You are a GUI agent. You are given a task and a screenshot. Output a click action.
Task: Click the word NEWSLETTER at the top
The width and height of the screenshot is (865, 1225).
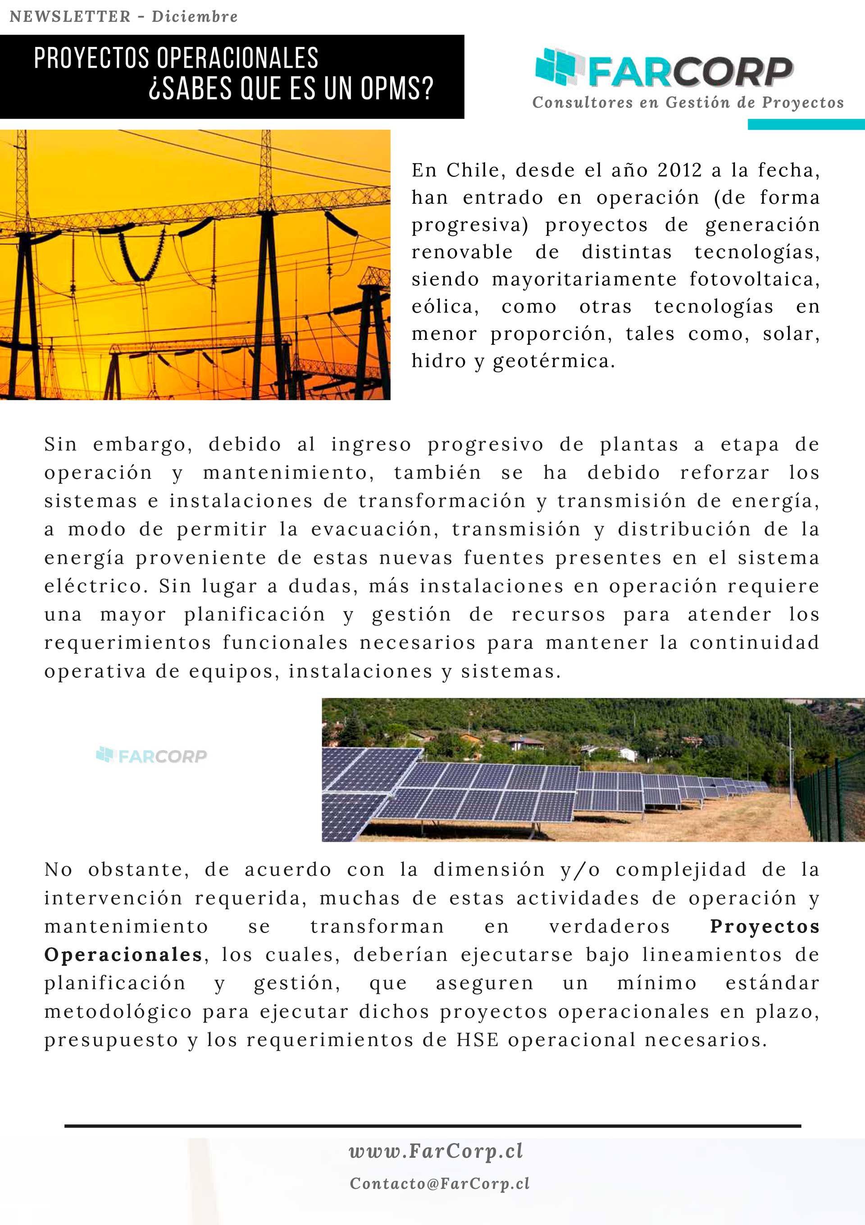pyautogui.click(x=70, y=17)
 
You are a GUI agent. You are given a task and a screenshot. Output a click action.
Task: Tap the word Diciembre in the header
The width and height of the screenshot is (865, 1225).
pyautogui.click(x=195, y=17)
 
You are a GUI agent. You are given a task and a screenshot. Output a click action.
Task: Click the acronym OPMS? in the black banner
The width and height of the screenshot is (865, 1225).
pyautogui.click(x=397, y=89)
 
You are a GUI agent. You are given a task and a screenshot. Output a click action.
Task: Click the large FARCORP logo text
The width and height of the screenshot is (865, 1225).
pyautogui.click(x=691, y=72)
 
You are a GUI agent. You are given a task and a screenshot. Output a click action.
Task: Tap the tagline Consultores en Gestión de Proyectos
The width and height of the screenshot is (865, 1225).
pyautogui.click(x=688, y=102)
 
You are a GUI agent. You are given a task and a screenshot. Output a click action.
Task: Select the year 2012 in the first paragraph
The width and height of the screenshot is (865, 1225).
pyautogui.click(x=679, y=170)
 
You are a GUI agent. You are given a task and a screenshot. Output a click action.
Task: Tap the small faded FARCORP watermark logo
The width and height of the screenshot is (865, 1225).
pyautogui.click(x=151, y=755)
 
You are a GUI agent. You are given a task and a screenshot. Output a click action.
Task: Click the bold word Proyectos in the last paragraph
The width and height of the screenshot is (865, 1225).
pyautogui.click(x=764, y=927)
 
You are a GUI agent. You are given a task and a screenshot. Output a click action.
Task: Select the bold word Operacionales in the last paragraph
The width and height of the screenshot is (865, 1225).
pyautogui.click(x=123, y=955)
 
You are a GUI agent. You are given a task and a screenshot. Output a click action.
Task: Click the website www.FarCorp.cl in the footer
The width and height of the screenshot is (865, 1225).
pyautogui.click(x=436, y=1152)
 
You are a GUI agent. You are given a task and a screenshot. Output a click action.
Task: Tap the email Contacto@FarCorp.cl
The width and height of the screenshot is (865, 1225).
pyautogui.click(x=439, y=1184)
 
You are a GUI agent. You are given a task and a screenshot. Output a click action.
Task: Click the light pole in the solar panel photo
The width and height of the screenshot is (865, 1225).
pyautogui.click(x=790, y=758)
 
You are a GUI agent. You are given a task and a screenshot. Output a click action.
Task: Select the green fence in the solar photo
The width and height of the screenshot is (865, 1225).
pyautogui.click(x=832, y=800)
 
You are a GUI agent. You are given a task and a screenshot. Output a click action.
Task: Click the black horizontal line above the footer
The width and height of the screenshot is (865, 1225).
pyautogui.click(x=432, y=1126)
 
